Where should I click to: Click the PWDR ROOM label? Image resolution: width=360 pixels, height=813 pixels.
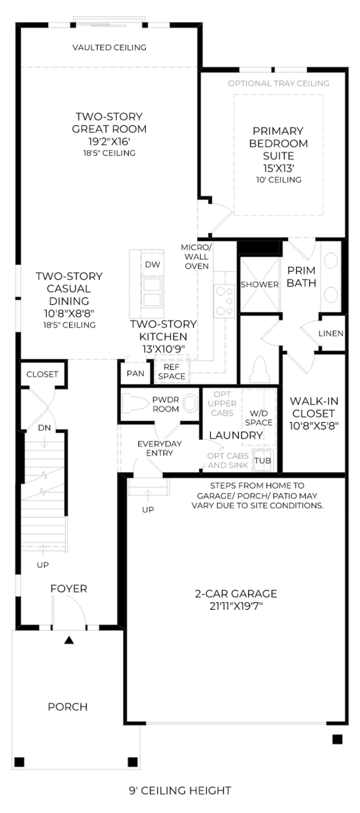click(166, 404)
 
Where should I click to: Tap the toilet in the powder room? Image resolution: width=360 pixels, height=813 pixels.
click(136, 403)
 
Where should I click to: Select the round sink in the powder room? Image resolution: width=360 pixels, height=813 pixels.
click(190, 403)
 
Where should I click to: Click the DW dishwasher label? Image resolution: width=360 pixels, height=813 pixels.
click(153, 264)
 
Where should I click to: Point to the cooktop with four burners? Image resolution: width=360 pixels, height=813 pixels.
click(224, 301)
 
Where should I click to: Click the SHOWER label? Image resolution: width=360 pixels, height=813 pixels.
click(260, 284)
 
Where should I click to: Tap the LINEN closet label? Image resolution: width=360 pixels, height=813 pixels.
click(331, 333)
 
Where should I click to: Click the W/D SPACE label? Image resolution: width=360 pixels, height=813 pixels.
click(259, 418)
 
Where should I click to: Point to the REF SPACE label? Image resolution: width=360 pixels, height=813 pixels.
click(172, 371)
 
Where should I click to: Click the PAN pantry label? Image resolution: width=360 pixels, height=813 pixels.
click(136, 373)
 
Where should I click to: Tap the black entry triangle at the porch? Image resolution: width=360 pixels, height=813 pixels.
click(69, 640)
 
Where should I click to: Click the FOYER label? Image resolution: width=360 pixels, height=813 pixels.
click(69, 589)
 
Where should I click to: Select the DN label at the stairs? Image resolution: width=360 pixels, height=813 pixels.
click(44, 428)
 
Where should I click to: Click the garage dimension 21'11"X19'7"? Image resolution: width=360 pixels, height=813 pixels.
click(236, 606)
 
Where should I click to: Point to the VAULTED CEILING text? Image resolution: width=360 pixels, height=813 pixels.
click(109, 47)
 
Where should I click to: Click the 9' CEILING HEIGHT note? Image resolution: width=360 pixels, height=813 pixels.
click(180, 791)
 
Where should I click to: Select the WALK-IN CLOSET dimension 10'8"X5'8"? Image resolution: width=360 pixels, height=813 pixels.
click(314, 426)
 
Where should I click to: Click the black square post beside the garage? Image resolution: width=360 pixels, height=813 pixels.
click(337, 739)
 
